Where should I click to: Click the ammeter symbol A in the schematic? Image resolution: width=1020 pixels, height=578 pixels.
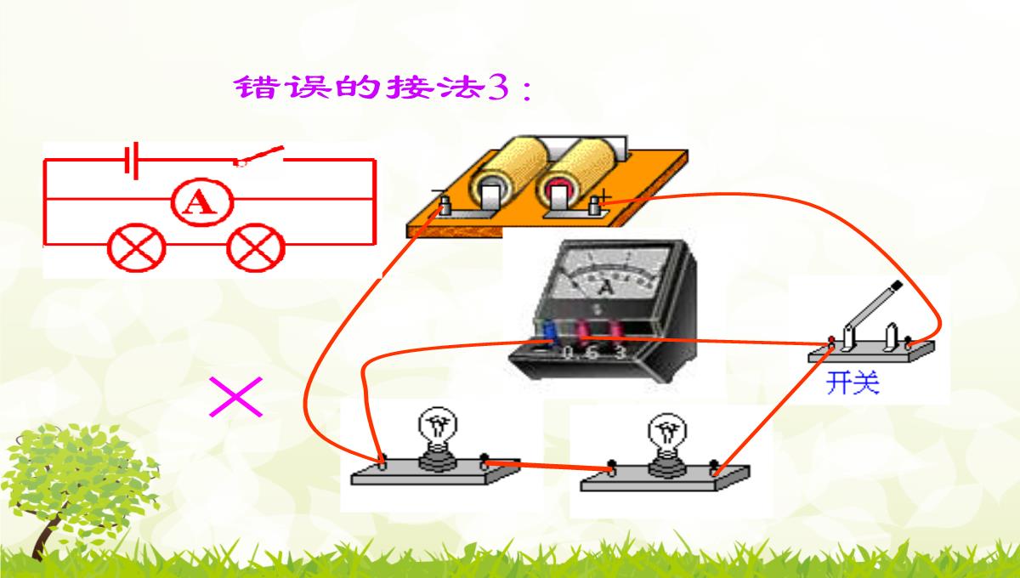(x=201, y=201)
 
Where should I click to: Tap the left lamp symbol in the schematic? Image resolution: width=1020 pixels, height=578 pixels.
(x=136, y=248)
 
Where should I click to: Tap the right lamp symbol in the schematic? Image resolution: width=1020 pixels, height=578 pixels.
(x=256, y=248)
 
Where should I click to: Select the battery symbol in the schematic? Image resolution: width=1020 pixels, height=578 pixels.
(x=130, y=160)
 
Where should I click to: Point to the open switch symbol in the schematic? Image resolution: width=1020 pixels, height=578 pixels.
(x=259, y=156)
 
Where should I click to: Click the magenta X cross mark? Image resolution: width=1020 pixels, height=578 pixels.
(x=235, y=398)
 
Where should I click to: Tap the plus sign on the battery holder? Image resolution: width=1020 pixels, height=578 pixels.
(x=604, y=196)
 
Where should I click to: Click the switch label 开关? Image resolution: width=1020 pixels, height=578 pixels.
(x=852, y=383)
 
